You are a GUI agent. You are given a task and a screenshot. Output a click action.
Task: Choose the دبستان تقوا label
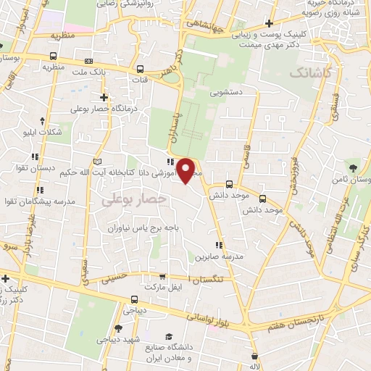point(28,167)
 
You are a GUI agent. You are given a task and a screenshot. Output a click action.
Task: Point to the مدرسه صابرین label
point(214,257)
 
